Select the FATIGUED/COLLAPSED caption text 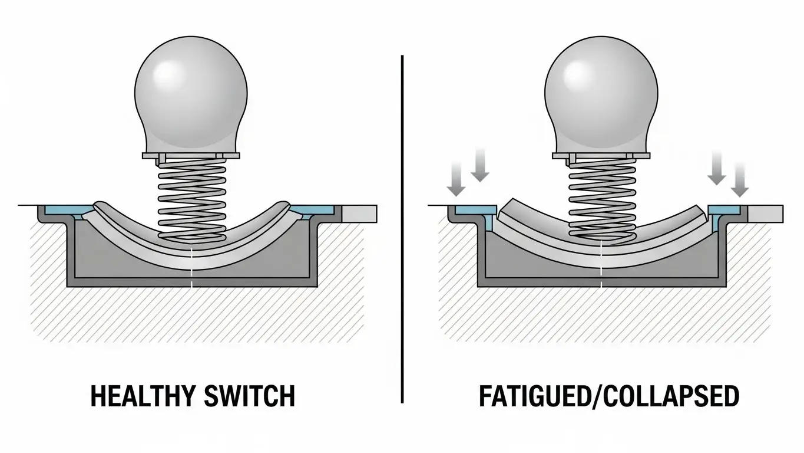point(608,396)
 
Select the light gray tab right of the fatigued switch point(766,213)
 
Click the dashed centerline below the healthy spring point(193,268)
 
